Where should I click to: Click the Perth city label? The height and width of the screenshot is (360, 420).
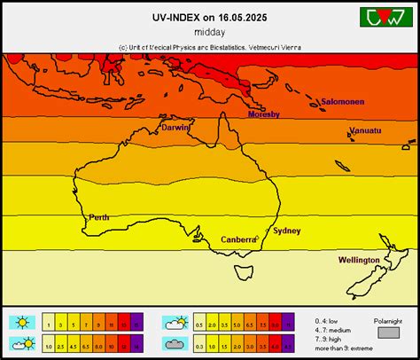(99, 217)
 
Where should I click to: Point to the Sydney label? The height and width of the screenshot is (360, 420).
(286, 231)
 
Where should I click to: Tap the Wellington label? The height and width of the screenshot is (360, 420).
(359, 260)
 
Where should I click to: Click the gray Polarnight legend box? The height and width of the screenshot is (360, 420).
(389, 332)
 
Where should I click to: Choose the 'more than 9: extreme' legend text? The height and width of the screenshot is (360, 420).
(338, 347)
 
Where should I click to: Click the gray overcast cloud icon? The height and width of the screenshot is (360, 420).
(174, 343)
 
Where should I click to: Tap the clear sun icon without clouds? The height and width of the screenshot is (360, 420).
(21, 322)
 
